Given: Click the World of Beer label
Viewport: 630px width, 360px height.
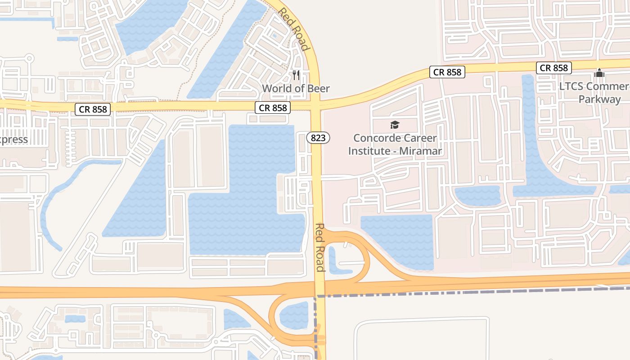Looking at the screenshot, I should pos(296,88).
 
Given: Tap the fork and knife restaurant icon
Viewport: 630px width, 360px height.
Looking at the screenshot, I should pos(296,75).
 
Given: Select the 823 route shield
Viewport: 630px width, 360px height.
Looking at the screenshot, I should pos(318,138).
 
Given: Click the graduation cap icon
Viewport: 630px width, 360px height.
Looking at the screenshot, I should pos(395,125).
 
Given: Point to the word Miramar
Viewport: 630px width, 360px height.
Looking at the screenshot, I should pos(420,151).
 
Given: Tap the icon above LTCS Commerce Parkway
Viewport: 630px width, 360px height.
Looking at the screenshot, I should pos(599,73).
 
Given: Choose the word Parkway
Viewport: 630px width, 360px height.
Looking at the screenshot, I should pos(599,99).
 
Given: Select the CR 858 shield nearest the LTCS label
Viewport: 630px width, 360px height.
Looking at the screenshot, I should pos(554,68).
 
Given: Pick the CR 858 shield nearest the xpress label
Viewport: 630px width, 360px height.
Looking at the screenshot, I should pos(92,109).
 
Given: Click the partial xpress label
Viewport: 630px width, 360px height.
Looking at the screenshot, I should pos(13,139).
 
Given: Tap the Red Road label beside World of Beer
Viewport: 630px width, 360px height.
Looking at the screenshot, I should pos(294,29).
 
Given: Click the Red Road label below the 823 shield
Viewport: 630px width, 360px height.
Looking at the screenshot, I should pos(320,247).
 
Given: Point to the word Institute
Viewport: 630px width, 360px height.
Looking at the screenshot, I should pos(369,151).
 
